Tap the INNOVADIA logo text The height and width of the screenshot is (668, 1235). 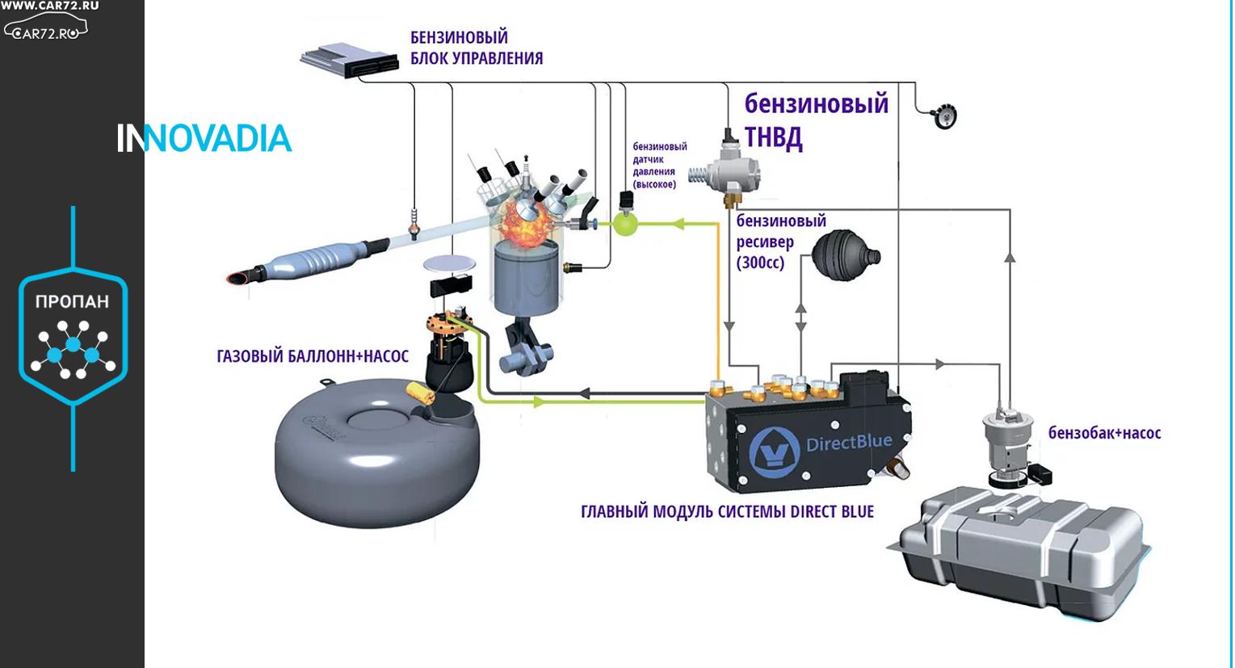[x=204, y=139]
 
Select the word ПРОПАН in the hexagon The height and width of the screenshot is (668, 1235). [x=72, y=301]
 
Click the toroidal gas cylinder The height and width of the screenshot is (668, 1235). [x=376, y=456]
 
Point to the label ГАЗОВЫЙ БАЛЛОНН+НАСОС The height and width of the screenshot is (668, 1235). [x=313, y=356]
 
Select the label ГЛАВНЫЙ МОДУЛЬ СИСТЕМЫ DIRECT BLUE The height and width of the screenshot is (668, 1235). [x=727, y=511]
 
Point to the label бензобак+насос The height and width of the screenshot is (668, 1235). [x=1104, y=433]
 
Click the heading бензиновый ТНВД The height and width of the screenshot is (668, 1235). [x=816, y=120]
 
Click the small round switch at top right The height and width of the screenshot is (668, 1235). [x=943, y=116]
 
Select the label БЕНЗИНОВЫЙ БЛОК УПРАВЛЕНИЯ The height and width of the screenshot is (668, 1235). [x=477, y=48]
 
